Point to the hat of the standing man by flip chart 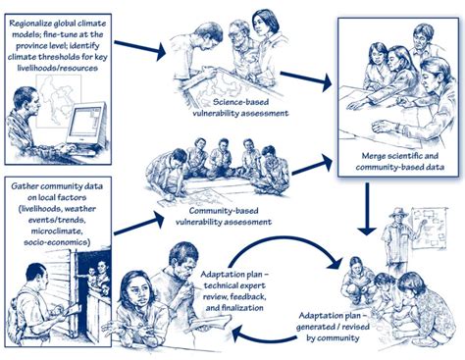click(x=396, y=212)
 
